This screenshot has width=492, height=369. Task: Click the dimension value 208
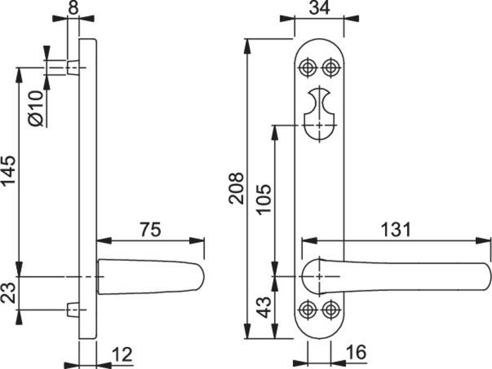237,188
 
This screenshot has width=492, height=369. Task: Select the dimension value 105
264,199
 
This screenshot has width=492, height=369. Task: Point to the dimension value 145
9,171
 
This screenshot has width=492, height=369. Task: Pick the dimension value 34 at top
318,8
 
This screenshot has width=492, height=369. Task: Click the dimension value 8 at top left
73,8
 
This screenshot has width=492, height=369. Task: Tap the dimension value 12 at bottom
122,355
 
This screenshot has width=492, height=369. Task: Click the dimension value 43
264,307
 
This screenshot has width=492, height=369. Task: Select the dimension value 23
9,293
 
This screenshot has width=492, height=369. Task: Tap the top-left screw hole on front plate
308,67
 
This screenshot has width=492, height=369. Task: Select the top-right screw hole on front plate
331,67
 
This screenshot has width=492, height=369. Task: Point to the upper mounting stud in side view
72,67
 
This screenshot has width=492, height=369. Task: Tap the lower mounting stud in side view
72,309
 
